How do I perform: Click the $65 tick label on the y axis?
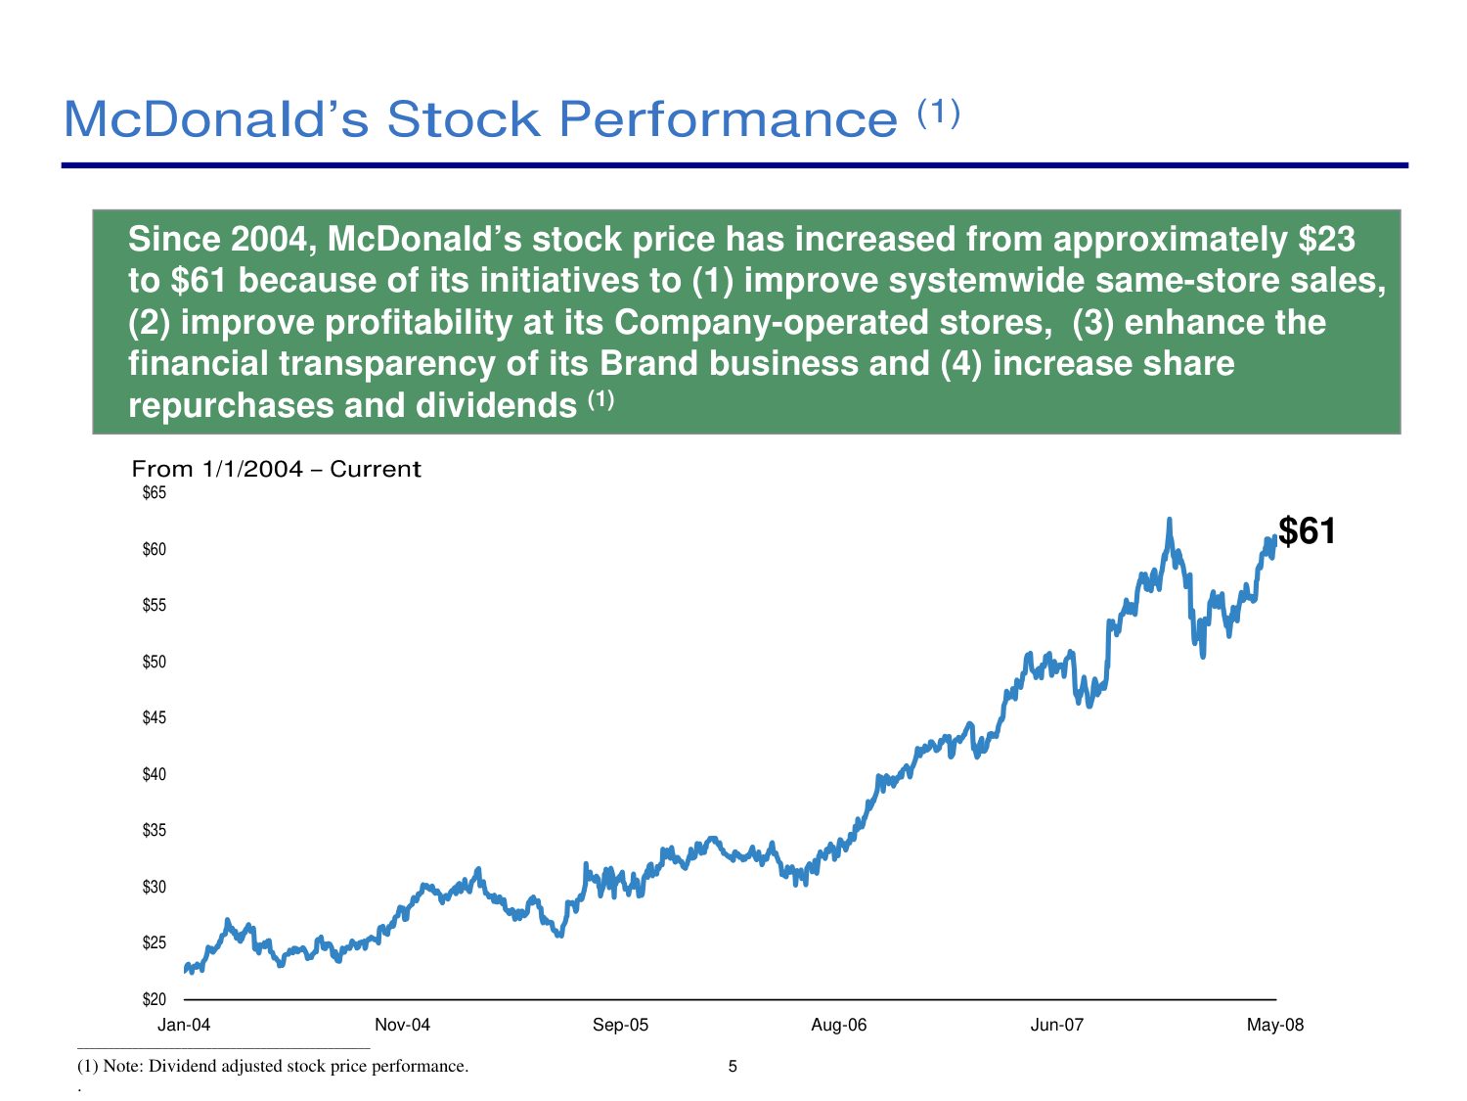coord(155,493)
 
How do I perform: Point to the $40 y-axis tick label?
coord(155,774)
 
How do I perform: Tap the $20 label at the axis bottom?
coord(155,999)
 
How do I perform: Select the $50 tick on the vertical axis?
coord(155,662)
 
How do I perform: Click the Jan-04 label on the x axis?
coord(184,1025)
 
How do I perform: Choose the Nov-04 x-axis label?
coord(402,1025)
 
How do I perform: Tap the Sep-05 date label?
coord(620,1025)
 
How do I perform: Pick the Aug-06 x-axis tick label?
coord(838,1025)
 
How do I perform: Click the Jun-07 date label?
coord(1057,1025)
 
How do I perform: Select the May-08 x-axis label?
coord(1274,1025)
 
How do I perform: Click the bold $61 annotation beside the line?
coord(1307,531)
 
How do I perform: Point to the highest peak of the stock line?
coord(1169,521)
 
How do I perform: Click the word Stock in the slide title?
coord(464,119)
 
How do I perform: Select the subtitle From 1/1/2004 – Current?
coord(276,469)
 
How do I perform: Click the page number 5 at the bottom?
coord(733,1066)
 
